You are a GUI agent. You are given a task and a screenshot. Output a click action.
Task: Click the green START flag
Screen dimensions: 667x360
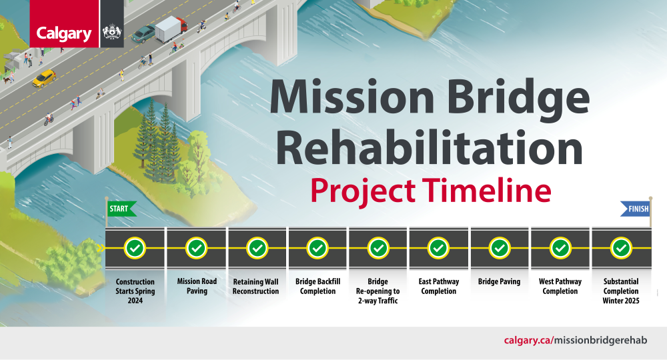point(121,209)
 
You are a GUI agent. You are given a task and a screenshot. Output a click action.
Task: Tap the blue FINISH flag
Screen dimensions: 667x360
point(635,209)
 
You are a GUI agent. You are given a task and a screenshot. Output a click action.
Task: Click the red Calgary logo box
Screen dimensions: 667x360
point(64,23)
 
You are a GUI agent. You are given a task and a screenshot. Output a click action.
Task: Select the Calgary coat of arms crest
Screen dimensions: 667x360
point(112,32)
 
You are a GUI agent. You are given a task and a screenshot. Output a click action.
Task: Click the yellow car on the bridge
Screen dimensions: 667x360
point(44,78)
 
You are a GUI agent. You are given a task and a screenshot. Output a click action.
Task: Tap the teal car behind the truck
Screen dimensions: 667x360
point(143,34)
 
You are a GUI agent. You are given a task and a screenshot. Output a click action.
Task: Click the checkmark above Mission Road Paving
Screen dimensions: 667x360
point(197,248)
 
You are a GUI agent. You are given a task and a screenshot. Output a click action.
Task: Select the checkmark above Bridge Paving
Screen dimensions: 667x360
point(500,248)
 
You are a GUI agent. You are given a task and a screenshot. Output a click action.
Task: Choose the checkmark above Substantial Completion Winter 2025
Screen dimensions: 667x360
point(621,248)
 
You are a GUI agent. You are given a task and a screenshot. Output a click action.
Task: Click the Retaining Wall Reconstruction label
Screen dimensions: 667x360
point(255,287)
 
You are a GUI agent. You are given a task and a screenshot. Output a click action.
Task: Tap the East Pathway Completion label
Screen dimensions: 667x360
point(439,286)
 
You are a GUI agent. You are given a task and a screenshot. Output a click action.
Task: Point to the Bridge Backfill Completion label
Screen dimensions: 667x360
point(317,286)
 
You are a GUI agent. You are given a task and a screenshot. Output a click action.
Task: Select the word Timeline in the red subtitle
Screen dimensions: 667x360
point(487,190)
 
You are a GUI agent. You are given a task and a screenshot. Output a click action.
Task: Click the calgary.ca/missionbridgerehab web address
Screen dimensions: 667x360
point(576,341)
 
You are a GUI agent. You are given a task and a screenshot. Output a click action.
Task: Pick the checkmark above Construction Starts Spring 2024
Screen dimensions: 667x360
point(135,248)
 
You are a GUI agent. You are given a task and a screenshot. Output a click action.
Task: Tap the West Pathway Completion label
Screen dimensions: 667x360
point(560,286)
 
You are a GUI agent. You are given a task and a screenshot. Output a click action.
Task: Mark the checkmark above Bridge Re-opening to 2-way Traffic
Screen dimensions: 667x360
point(378,248)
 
